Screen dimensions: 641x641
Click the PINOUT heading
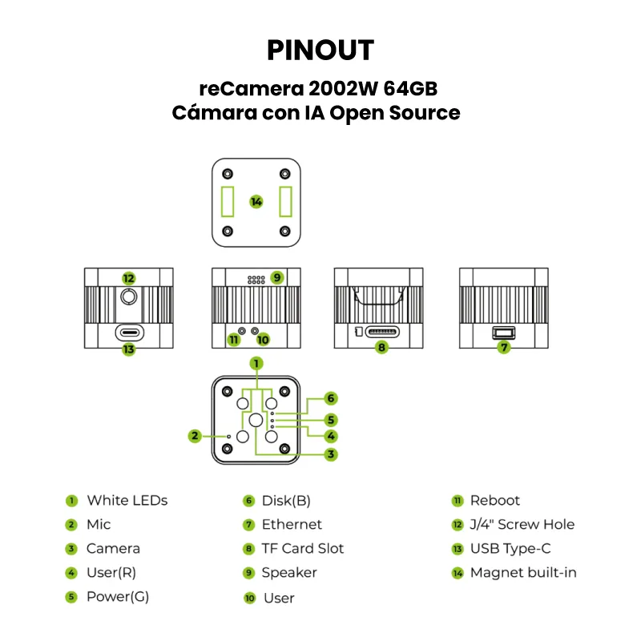point(320,50)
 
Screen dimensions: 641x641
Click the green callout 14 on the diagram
point(256,202)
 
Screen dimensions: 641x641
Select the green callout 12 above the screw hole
point(129,278)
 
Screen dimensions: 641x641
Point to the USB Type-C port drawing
point(129,332)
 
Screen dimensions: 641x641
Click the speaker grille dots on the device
point(256,281)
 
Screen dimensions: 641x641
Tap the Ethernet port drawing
point(503,332)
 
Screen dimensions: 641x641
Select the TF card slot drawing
point(381,332)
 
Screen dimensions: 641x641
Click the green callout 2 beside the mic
point(195,436)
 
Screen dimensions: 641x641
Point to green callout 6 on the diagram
point(331,398)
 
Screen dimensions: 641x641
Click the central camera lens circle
point(256,420)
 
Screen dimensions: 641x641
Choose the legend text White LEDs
point(127,501)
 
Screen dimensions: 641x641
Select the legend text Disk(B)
point(286,501)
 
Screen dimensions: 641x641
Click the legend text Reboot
point(494,501)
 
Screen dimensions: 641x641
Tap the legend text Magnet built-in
point(523,572)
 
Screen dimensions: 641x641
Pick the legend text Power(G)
point(118,596)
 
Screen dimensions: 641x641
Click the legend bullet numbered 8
point(249,549)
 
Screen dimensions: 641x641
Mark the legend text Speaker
point(289,572)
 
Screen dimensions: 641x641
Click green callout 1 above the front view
point(256,363)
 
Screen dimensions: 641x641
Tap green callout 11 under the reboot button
point(234,340)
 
